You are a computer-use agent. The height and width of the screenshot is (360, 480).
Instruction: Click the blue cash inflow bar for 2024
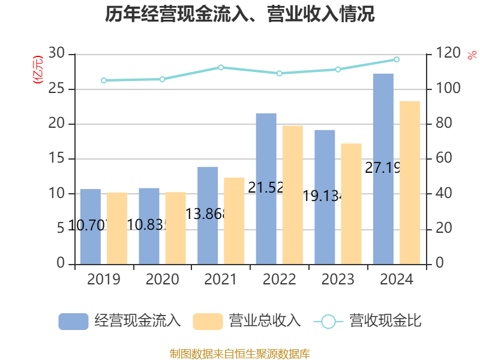pos(383,169)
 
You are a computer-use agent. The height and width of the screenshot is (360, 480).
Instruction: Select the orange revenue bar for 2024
pos(410,182)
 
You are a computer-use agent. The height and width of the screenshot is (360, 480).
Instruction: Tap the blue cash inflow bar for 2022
pos(266,188)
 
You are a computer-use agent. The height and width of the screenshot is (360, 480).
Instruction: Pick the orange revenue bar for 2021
pos(234,220)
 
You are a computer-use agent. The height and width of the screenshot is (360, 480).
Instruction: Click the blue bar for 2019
pos(90,226)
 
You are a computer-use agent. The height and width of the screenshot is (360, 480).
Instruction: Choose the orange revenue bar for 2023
pos(352,203)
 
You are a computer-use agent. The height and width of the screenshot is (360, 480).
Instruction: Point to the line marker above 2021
pos(221,67)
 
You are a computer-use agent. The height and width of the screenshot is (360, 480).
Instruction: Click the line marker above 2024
pos(397,59)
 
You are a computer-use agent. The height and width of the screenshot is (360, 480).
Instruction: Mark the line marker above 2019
pos(103,80)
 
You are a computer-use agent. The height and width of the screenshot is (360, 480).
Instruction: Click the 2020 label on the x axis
pos(162,280)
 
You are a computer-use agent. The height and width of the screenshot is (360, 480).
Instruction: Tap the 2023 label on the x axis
pos(338,280)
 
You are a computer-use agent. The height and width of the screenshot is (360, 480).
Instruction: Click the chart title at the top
pos(240,15)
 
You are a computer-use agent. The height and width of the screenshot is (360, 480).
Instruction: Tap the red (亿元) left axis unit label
pos(38,70)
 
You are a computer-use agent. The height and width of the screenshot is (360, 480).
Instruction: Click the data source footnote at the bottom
pos(240,353)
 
